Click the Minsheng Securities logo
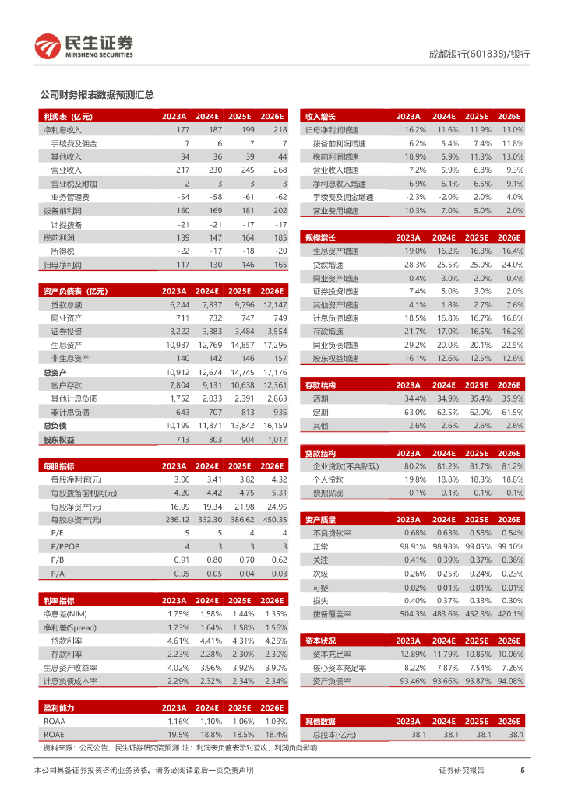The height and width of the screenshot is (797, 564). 83,47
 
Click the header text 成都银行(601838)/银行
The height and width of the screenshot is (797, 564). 479,54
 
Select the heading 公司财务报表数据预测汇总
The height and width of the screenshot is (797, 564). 97,95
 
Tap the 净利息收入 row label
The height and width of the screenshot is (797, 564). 62,129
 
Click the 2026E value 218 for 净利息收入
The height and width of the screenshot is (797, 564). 280,129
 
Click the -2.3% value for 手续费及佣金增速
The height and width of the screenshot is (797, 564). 414,197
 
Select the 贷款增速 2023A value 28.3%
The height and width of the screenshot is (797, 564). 414,265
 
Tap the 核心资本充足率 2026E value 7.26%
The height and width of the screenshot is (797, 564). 511,668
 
